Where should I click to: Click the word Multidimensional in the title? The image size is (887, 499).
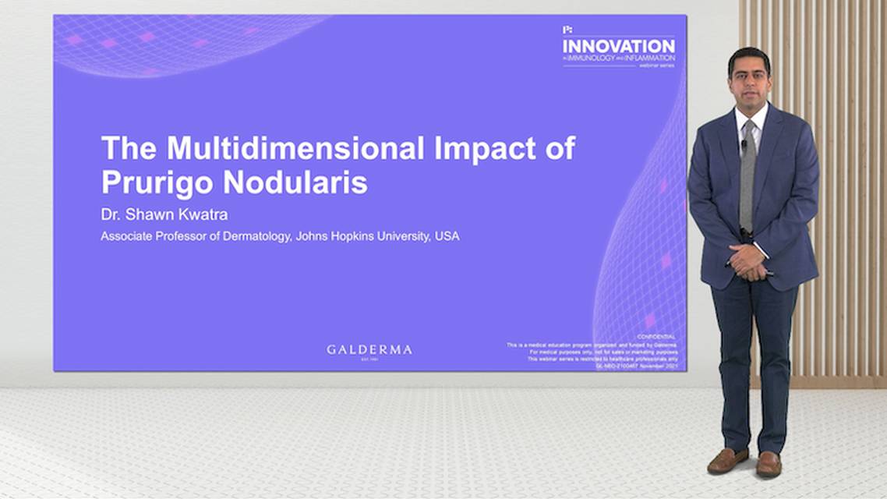click(283, 148)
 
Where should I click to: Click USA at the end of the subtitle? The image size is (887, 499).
click(448, 235)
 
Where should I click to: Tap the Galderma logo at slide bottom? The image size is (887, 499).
click(369, 350)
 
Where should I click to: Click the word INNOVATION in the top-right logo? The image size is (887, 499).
click(619, 46)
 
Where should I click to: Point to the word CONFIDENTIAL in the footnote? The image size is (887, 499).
click(656, 337)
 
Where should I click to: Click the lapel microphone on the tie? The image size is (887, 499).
click(744, 144)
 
